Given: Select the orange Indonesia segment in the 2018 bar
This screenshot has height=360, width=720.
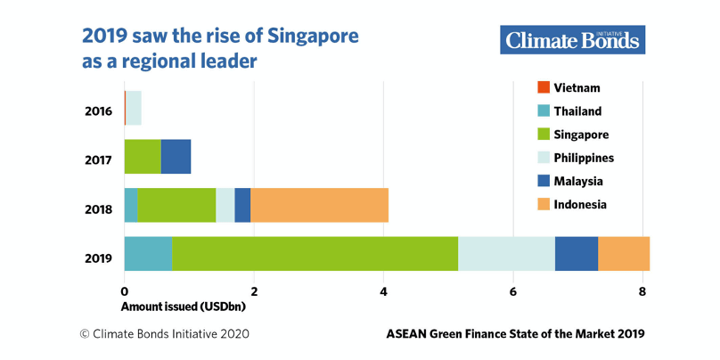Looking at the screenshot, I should coord(319,205).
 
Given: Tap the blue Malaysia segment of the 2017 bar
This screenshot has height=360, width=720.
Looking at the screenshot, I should coord(176,157).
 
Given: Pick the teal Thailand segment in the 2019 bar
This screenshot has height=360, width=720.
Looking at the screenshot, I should coord(148,254).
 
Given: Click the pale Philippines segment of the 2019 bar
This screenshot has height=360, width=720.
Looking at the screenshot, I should coord(506,254).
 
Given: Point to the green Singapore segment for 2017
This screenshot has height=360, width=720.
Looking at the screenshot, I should coord(143,157).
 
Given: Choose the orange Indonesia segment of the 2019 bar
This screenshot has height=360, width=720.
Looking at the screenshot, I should coord(624,254).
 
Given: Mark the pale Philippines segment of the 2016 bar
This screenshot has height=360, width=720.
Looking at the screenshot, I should coord(134,108).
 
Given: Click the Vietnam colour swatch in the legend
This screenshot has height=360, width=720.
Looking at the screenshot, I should coord(543,87).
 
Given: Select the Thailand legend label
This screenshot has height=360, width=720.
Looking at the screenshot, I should coord(577,111).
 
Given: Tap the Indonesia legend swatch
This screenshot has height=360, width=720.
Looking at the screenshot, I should coord(543,204).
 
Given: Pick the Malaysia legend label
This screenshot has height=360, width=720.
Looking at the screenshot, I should coord(578,181).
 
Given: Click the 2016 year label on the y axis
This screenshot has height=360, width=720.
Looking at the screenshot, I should coord(99,111).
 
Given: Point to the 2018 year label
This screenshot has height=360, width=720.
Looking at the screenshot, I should coord(99,210).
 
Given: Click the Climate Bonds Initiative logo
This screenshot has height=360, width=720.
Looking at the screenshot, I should coord(572,40).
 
